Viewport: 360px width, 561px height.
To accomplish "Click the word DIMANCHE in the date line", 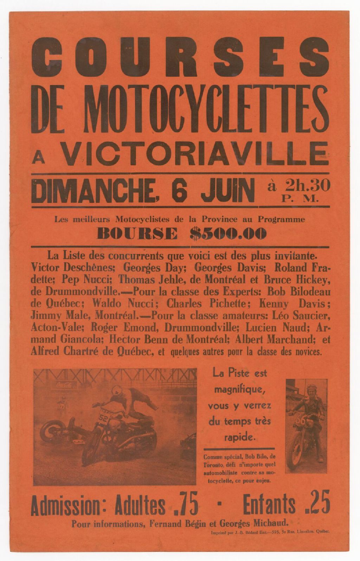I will pos(93,190).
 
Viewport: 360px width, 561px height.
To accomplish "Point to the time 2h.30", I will pos(308,185).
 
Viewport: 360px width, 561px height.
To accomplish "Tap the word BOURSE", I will pos(137,233).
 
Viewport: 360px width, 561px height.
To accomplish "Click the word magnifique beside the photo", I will pos(239,390).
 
